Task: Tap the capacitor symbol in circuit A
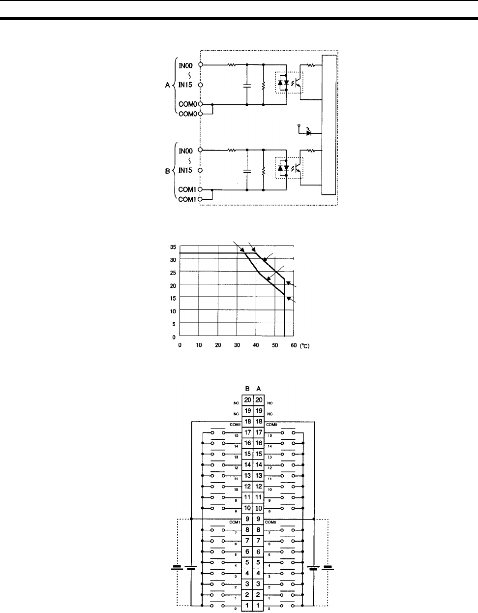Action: pos(247,85)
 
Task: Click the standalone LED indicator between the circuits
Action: pos(309,133)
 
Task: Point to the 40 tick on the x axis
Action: pos(256,345)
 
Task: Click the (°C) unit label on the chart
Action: pos(305,346)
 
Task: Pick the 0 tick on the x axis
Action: pos(179,345)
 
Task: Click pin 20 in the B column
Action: pos(248,400)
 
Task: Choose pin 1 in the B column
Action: pos(248,605)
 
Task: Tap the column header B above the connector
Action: pos(248,388)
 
